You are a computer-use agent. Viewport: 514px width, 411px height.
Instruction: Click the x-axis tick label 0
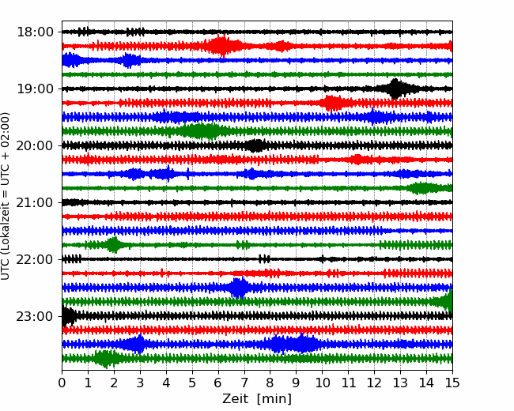[62, 383]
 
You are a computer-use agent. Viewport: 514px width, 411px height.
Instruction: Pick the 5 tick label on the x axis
[192, 383]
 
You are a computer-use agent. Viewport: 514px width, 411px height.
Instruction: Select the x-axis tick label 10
[322, 383]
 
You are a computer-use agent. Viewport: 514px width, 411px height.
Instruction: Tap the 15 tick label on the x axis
[452, 383]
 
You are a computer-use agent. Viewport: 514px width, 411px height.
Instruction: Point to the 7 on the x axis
[244, 383]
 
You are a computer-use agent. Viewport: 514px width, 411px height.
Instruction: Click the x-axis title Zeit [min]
[256, 398]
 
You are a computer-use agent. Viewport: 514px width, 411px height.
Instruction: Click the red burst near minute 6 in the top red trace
[221, 46]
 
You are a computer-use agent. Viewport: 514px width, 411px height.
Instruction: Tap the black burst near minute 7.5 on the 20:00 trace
[255, 145]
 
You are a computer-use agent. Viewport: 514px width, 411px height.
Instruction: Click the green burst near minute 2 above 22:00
[114, 245]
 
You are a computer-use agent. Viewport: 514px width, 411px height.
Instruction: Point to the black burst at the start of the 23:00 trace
[69, 316]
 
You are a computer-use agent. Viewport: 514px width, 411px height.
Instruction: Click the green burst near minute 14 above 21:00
[423, 188]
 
